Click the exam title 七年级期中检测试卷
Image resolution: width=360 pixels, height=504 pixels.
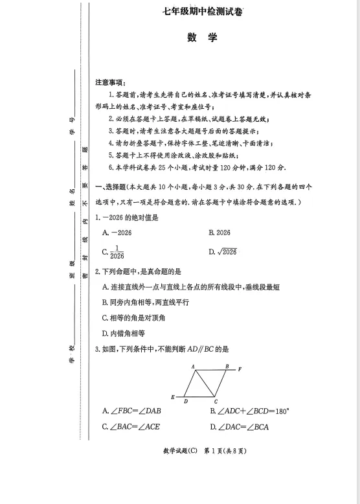tap(203, 11)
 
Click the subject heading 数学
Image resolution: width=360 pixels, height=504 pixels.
tap(203, 38)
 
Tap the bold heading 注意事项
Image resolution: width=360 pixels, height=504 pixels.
tap(111, 82)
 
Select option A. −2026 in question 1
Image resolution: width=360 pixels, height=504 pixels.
tap(117, 232)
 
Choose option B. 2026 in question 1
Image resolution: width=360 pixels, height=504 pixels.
tap(219, 232)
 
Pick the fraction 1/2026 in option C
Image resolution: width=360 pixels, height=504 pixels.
tap(117, 252)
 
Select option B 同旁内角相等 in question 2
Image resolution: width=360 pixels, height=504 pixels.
tap(141, 303)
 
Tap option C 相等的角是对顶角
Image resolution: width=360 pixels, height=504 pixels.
tap(134, 318)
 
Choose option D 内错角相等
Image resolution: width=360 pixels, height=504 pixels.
tap(124, 334)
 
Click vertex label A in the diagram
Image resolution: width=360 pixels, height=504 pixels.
tap(194, 367)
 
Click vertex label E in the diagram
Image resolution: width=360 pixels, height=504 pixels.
tap(172, 397)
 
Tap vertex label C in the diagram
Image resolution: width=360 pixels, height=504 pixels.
tap(216, 402)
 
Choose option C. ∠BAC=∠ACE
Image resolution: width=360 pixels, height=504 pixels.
tap(131, 426)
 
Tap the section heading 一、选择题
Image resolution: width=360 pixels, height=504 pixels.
tap(111, 187)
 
